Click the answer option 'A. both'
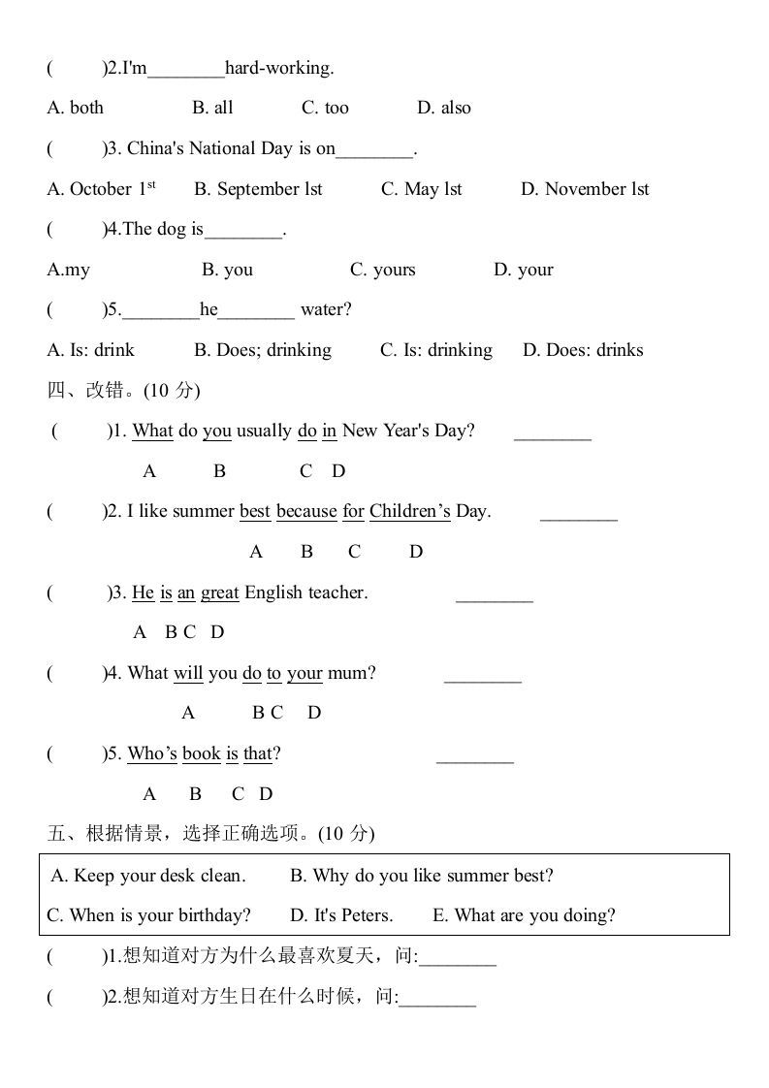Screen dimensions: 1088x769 [75, 108]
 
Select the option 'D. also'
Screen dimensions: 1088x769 [444, 108]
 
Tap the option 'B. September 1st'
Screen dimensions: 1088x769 [258, 189]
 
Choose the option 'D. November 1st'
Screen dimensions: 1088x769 [585, 189]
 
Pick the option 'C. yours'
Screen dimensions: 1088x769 [382, 270]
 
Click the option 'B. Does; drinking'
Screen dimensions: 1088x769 [263, 350]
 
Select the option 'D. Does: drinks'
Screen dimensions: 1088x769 [583, 350]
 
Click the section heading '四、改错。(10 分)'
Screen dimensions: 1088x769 [123, 391]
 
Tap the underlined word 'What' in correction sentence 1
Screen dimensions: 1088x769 [152, 431]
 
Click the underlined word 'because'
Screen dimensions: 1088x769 [306, 511]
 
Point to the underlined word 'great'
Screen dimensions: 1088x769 [220, 592]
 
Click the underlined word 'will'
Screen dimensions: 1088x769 [188, 673]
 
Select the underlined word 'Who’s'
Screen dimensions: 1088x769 [152, 753]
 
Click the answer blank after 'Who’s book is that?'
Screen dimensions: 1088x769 [475, 755]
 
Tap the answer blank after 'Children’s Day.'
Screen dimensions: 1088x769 [578, 513]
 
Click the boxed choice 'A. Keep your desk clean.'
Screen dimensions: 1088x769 [148, 876]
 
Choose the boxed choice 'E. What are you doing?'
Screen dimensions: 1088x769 [524, 915]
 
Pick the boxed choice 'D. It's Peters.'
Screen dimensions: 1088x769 [341, 915]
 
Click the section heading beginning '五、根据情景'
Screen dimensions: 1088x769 [210, 834]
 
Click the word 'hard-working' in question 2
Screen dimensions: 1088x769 [279, 68]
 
